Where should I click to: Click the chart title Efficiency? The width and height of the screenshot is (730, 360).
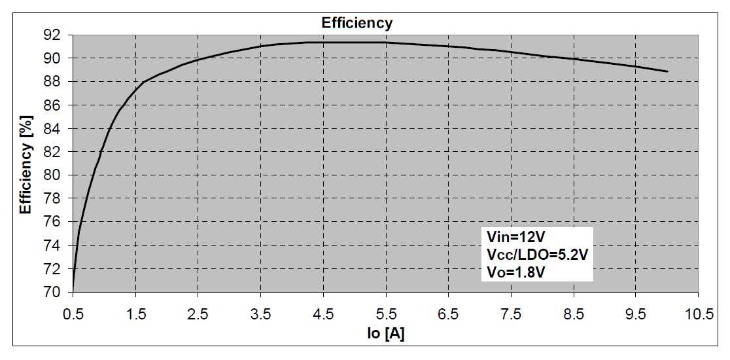click(x=356, y=23)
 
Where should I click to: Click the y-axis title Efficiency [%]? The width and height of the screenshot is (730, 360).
click(x=26, y=162)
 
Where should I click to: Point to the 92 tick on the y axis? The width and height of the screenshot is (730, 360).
click(x=53, y=35)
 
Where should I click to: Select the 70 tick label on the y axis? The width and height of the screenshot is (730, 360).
click(x=53, y=292)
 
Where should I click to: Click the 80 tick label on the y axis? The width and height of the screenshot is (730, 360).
click(x=53, y=175)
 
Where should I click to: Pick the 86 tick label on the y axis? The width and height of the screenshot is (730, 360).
click(x=53, y=105)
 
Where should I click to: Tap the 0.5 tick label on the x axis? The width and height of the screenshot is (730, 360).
click(x=73, y=314)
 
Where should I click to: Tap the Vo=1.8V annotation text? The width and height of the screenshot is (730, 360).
click(x=515, y=271)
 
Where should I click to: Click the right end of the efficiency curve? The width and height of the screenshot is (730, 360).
click(x=667, y=71)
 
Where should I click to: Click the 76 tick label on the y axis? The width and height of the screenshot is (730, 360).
click(x=53, y=222)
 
